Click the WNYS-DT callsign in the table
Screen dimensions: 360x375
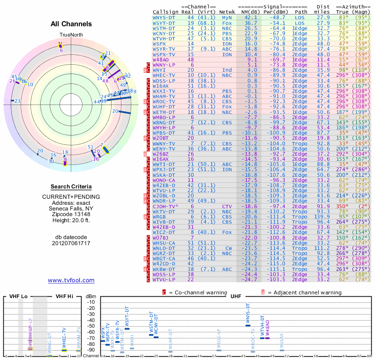(x=165, y=17)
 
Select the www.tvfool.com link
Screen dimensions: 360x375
(x=71, y=280)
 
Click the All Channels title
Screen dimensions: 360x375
(x=71, y=24)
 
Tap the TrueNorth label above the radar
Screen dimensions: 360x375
(x=71, y=36)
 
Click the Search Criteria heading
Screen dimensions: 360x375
(x=71, y=187)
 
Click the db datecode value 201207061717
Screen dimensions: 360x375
(x=71, y=243)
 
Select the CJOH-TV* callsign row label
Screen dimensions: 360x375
(x=165, y=206)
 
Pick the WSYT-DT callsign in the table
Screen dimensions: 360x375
(x=165, y=22)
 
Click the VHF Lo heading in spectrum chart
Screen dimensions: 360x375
(x=18, y=297)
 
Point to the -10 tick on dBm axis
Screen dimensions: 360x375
(x=91, y=302)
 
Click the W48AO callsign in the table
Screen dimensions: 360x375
(x=161, y=60)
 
